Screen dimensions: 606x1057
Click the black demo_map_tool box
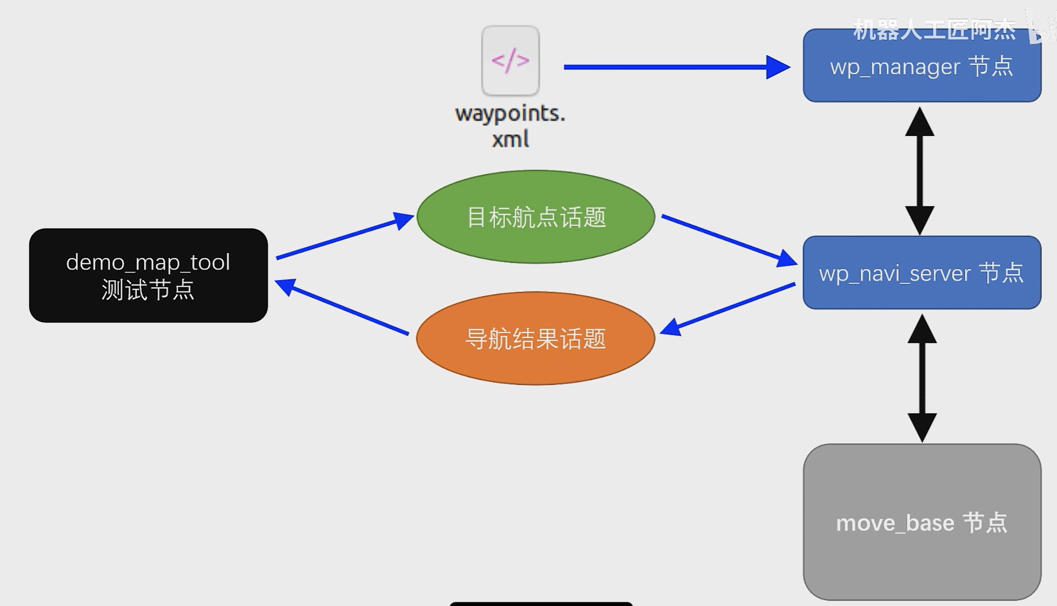click(148, 275)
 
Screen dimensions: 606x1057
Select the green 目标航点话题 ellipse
click(535, 217)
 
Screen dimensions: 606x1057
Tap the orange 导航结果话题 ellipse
click(535, 338)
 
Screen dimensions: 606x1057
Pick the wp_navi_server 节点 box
click(921, 273)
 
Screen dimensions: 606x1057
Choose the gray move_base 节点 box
click(921, 522)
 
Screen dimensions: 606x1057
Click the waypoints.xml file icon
click(510, 61)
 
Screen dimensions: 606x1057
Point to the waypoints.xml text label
click(510, 126)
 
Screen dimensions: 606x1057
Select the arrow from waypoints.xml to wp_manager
click(675, 67)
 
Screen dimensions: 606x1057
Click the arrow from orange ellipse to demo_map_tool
click(342, 307)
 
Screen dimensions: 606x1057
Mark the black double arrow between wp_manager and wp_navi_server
click(919, 171)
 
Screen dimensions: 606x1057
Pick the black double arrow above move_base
click(922, 378)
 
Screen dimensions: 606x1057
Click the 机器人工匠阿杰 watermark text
click(934, 31)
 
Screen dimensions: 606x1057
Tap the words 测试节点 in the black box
click(148, 289)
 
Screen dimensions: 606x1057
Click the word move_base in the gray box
click(895, 523)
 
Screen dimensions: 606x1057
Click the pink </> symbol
click(510, 60)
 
